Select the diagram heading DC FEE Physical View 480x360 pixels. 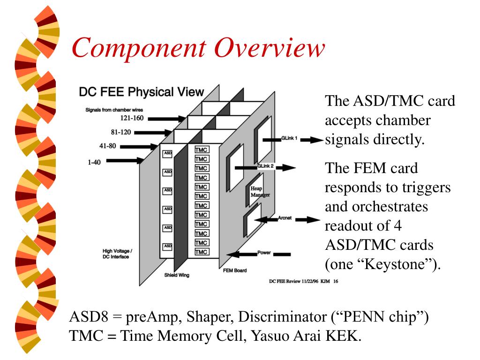pyautogui.click(x=141, y=92)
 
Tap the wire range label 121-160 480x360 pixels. pyautogui.click(x=132, y=118)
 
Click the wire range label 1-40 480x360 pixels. pyautogui.click(x=96, y=161)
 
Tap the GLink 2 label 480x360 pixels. pyautogui.click(x=266, y=166)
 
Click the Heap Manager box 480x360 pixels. pyautogui.click(x=256, y=191)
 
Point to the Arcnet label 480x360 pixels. pyautogui.click(x=284, y=218)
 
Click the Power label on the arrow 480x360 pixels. pyautogui.click(x=264, y=253)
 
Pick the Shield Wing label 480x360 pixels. pyautogui.click(x=177, y=275)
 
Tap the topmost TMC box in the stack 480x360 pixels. pyautogui.click(x=202, y=150)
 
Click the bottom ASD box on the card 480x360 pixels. pyautogui.click(x=167, y=246)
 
